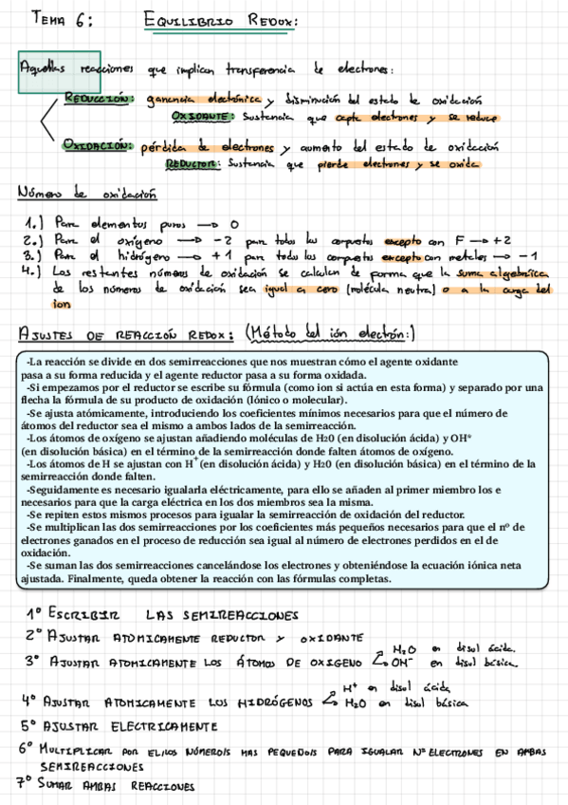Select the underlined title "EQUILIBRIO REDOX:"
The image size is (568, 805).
click(221, 20)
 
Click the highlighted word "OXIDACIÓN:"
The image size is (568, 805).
click(97, 147)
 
